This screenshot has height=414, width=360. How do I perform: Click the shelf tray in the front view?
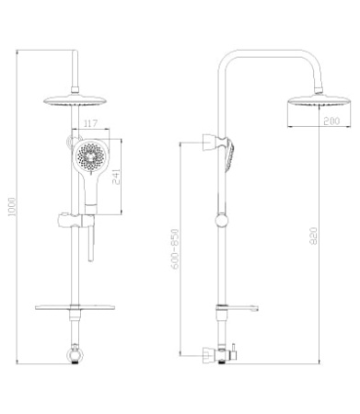tap(75, 307)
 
